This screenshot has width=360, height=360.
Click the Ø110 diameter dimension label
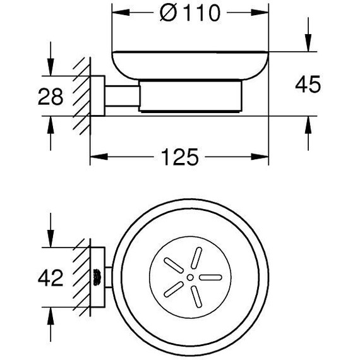(x=190, y=13)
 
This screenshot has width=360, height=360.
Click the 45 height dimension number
(x=308, y=84)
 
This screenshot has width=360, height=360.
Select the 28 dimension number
(x=51, y=97)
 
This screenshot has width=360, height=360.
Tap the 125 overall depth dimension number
(x=179, y=157)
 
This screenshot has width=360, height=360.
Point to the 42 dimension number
(x=51, y=277)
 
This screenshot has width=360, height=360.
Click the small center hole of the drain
(x=190, y=277)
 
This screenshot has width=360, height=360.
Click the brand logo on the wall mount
(x=97, y=277)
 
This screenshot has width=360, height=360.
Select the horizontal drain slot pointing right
(x=210, y=277)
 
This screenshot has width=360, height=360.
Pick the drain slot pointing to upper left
(x=174, y=265)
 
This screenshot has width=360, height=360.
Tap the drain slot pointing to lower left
(x=174, y=289)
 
